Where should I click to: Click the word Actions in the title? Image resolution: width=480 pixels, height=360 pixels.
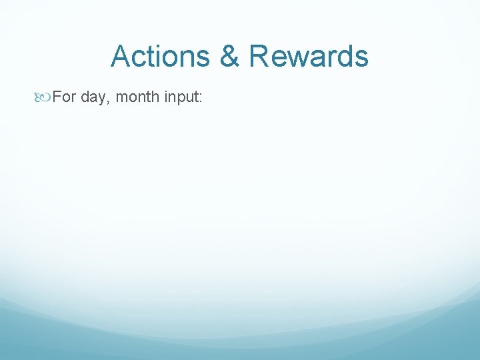[161, 57]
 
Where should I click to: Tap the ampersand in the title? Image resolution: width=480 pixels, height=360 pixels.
[230, 57]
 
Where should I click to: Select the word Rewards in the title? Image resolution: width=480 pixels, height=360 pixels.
[309, 57]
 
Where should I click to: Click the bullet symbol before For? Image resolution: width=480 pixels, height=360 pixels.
[43, 97]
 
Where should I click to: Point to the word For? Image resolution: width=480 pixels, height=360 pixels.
[65, 97]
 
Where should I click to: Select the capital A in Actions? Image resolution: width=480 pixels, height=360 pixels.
[121, 57]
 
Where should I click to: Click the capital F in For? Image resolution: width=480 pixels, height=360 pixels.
[57, 97]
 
